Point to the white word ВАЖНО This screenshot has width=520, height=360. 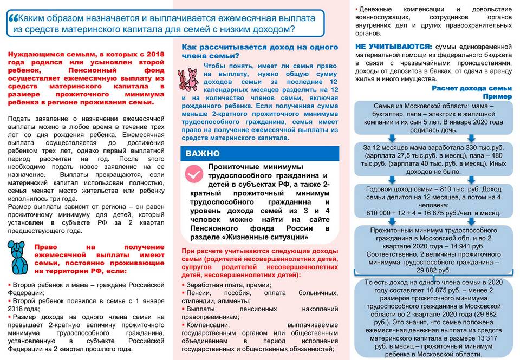click(x=203, y=154)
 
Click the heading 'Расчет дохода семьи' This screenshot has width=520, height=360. click(x=471, y=88)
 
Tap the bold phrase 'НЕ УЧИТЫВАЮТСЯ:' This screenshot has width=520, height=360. click(x=393, y=47)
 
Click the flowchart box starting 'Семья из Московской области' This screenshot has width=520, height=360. click(x=433, y=117)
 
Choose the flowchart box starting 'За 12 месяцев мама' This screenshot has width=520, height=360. click(x=433, y=159)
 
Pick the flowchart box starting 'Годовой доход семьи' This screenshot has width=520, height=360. click(x=433, y=200)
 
